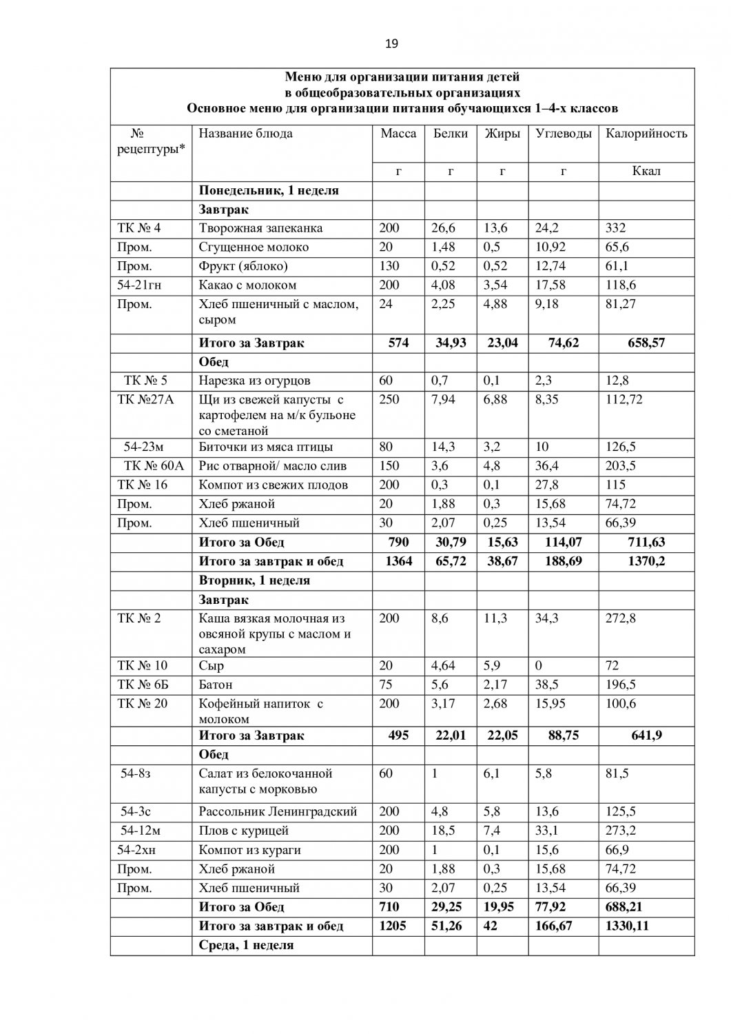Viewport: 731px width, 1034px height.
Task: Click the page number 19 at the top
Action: [x=391, y=44]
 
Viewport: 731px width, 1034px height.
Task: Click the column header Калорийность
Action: [x=646, y=134]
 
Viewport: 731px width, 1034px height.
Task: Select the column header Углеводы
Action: [x=563, y=134]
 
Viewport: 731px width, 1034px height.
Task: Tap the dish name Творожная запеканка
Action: [x=260, y=228]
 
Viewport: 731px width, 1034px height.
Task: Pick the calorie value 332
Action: [x=615, y=228]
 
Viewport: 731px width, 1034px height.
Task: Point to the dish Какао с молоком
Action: [x=247, y=285]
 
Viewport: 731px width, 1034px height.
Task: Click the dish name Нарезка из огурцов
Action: [x=254, y=381]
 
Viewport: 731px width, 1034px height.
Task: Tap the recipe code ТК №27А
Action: [x=145, y=399]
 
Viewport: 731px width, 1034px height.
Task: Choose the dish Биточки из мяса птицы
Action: [x=265, y=447]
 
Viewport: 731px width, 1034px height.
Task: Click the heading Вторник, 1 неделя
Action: [x=254, y=580]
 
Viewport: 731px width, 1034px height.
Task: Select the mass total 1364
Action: [x=397, y=561]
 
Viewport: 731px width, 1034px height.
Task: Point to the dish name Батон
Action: [x=216, y=685]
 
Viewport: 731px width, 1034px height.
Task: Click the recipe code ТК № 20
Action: [x=143, y=703]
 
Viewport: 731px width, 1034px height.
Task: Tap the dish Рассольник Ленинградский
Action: [x=273, y=812]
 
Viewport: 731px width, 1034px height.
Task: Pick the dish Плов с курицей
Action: [x=243, y=831]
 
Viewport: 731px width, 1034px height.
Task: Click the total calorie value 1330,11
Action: [x=627, y=926]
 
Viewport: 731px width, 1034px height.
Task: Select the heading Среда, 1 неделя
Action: [x=246, y=945]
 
